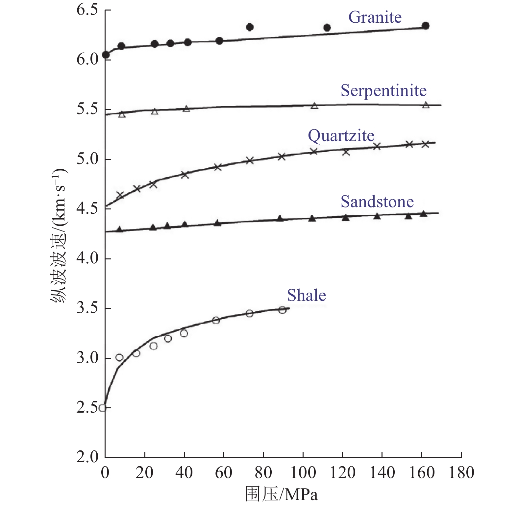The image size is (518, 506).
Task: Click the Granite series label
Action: [x=375, y=17]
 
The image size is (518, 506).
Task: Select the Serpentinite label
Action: [x=383, y=91]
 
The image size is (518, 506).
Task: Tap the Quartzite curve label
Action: [x=341, y=136]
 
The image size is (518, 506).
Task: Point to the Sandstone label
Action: [x=377, y=202]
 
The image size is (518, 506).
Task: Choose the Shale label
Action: [x=306, y=296]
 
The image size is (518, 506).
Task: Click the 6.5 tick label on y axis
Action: [x=87, y=10]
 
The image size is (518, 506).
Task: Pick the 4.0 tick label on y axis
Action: [x=87, y=259]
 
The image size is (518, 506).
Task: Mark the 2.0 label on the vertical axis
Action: [x=87, y=457]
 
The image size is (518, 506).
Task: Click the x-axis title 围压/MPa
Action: [x=281, y=494]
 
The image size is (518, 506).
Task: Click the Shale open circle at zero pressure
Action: [x=103, y=408]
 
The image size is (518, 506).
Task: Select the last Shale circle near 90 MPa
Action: [x=282, y=310]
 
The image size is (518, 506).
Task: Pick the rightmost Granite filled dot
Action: [x=426, y=26]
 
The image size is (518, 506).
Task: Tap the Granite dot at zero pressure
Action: [x=106, y=55]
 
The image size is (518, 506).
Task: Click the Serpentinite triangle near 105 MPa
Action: [x=314, y=106]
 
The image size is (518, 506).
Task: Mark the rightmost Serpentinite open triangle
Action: [x=426, y=105]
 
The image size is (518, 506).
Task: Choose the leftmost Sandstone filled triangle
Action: [x=120, y=229]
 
